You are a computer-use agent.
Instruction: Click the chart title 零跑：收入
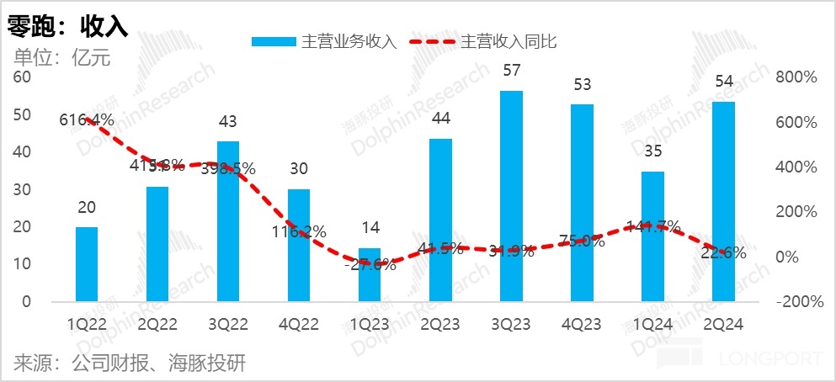coord(67,26)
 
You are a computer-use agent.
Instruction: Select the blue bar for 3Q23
coord(511,195)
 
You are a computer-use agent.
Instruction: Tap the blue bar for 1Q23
coord(370,274)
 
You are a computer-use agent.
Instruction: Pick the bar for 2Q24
coord(723,201)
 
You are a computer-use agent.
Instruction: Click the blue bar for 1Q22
coord(87,263)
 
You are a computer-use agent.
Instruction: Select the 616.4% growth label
coord(86,120)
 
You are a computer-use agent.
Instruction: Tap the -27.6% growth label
coord(370,265)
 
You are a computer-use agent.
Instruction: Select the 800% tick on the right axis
coord(796,77)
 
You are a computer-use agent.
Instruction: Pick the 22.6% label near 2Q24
coord(722,252)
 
